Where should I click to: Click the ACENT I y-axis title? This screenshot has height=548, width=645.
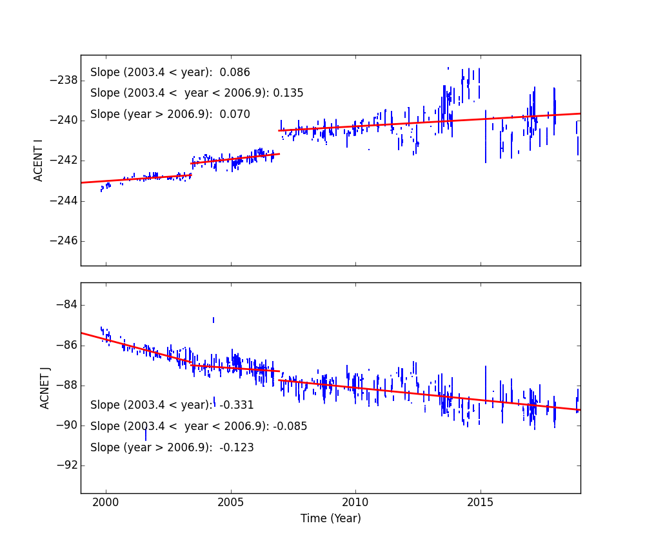click(39, 160)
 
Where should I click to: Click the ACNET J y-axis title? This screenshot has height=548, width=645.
click(45, 388)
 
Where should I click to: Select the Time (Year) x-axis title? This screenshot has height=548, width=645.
click(330, 518)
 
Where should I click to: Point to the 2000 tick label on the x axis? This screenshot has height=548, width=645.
click(106, 503)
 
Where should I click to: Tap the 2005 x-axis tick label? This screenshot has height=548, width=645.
click(230, 503)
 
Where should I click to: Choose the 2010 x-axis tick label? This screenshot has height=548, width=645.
click(355, 503)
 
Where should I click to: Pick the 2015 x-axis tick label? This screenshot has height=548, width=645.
click(480, 503)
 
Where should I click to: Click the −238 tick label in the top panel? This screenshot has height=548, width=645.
click(63, 81)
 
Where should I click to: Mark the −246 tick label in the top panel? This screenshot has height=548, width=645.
click(63, 240)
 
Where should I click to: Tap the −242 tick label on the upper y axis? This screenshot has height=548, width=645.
click(63, 161)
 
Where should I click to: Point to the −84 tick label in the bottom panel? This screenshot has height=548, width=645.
click(66, 305)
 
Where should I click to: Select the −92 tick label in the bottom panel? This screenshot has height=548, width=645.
click(66, 465)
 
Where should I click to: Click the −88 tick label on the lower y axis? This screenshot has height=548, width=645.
click(66, 385)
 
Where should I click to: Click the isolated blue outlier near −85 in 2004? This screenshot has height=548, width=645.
click(213, 320)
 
